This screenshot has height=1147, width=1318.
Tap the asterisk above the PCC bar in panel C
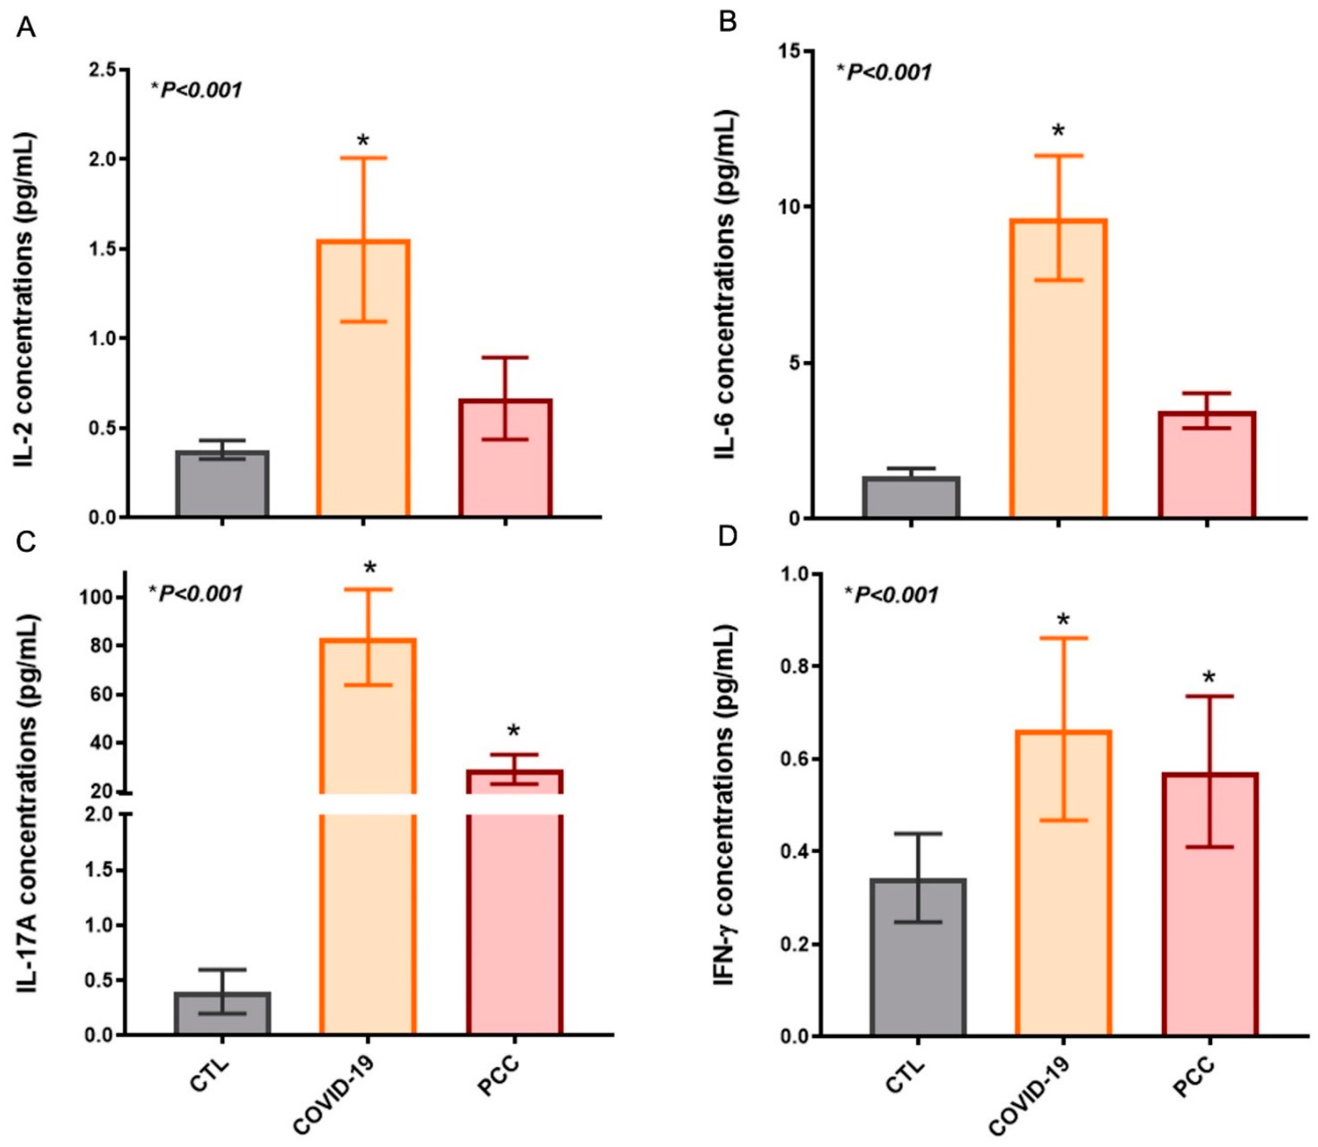[x=514, y=732]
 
